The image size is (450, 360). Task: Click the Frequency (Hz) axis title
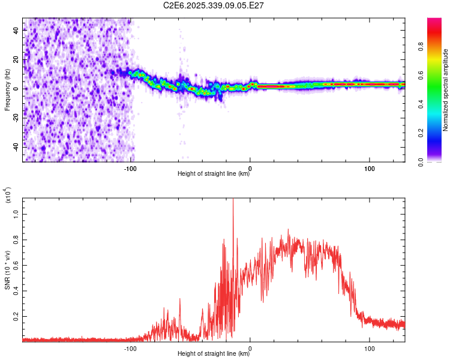pyautogui.click(x=7, y=90)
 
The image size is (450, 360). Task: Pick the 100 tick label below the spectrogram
pyautogui.click(x=370, y=169)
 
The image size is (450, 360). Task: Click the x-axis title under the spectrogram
pyautogui.click(x=214, y=174)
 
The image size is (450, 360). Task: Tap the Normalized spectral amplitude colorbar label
pyautogui.click(x=446, y=90)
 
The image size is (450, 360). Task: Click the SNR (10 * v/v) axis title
pyautogui.click(x=7, y=269)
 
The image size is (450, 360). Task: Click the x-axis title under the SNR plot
pyautogui.click(x=214, y=354)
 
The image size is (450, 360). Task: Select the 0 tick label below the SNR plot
pyautogui.click(x=250, y=349)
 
